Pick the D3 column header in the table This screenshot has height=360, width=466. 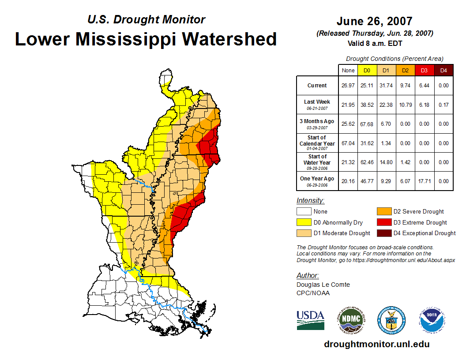424,70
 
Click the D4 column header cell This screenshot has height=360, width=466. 443,70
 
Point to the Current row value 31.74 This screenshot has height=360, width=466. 386,86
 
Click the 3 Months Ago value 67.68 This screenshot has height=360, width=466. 367,124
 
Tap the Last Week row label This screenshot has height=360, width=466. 317,105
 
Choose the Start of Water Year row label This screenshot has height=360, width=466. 317,162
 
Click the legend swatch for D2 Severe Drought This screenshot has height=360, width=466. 384,211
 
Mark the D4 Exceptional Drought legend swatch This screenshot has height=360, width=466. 384,233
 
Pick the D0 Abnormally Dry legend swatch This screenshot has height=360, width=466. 304,222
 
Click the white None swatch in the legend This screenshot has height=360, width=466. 304,211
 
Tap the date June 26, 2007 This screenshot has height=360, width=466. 374,21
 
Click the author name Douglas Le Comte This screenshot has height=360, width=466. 323,285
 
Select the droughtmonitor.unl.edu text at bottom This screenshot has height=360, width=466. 376,344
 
